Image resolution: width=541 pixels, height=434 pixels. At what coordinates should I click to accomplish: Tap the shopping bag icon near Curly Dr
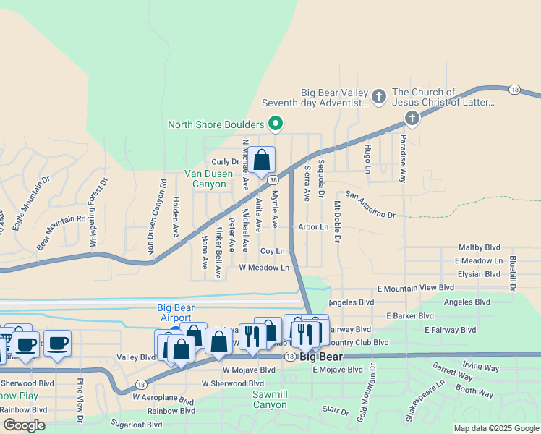click(x=263, y=161)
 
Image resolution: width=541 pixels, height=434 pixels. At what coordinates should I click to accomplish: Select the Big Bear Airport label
click(x=174, y=312)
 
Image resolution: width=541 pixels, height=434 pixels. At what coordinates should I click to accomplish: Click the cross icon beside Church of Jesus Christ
click(x=412, y=118)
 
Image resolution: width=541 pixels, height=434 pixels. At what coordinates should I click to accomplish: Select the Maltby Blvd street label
click(x=479, y=247)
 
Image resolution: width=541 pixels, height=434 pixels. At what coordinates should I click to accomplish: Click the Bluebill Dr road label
click(x=513, y=272)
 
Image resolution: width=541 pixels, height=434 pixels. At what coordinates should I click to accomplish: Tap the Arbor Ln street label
click(x=313, y=226)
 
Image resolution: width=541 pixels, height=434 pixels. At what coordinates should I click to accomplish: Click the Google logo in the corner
click(x=24, y=425)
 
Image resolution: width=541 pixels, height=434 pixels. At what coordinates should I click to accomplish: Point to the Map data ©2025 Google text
click(x=495, y=428)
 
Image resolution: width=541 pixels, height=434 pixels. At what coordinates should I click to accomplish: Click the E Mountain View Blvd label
click(x=416, y=288)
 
